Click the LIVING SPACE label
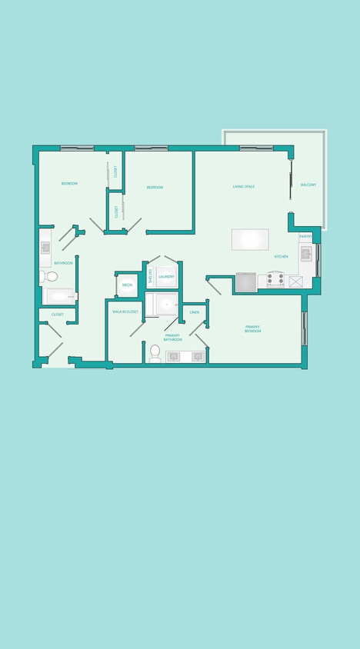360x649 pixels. pos(244,186)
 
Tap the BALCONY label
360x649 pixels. pos(308,185)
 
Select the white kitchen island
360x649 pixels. pos(250,239)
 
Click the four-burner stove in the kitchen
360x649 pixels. pos(275,280)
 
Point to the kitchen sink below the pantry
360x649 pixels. pos(306,254)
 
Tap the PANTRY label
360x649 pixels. pos(305,237)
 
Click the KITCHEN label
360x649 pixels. pos(280,257)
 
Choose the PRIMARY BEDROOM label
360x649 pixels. pos(252,328)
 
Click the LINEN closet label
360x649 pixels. pos(195,312)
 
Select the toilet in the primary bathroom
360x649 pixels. pos(155,352)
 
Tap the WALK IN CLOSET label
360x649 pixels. pos(125,311)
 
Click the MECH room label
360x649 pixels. pos(126,285)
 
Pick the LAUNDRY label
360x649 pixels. pos(167,276)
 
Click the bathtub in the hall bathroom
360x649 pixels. pos(58,296)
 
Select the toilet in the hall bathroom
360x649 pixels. pos(51,276)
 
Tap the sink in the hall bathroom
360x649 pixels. pos(45,248)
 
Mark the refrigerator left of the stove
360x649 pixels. pos(246,282)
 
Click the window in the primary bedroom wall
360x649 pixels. pos(305,328)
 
